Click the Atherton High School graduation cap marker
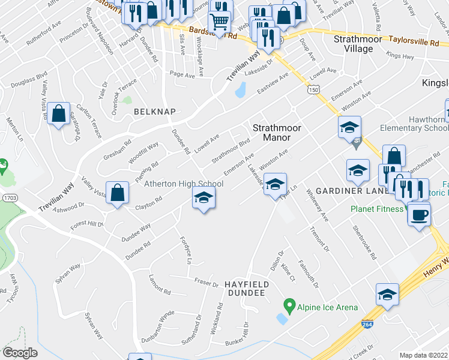pos(203,198)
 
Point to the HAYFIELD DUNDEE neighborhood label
pos(244,288)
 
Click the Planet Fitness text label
pos(377,209)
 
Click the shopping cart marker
pos(220,22)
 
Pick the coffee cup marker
pos(419,214)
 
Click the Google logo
pos(20,353)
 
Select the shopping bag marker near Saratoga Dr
pos(58,114)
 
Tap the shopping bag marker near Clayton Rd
pos(118,193)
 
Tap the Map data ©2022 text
pos(423,355)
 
